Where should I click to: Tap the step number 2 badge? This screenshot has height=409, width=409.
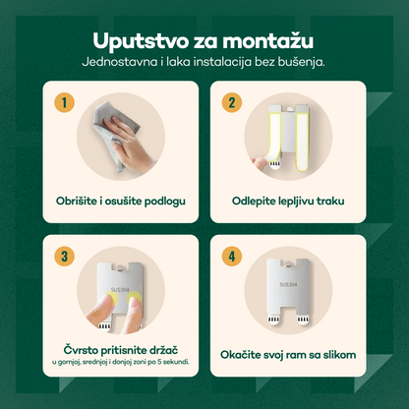click(x=232, y=101)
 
